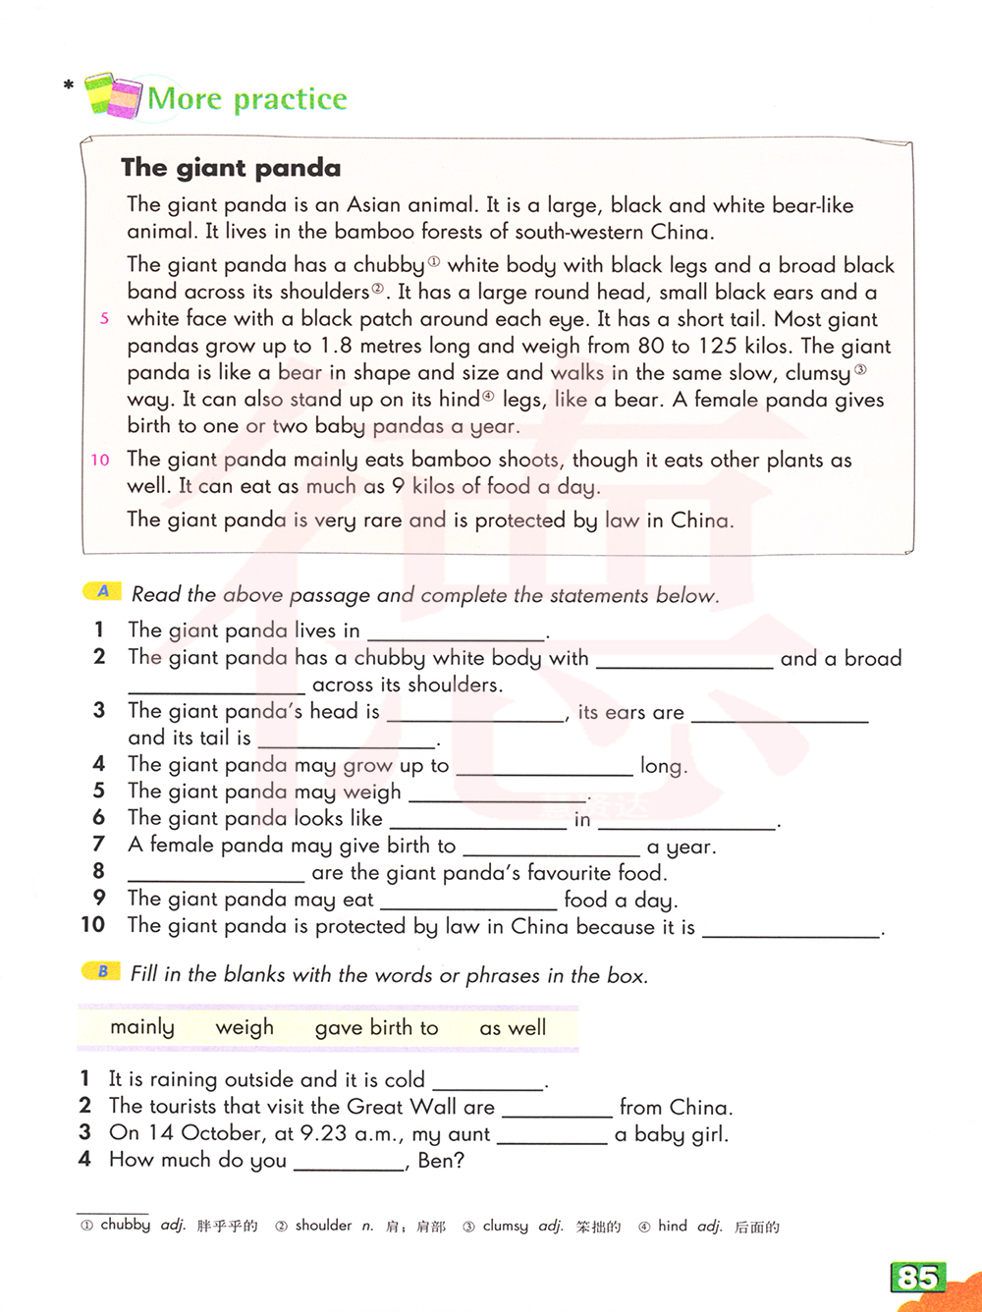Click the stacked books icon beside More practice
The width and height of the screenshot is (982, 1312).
(113, 96)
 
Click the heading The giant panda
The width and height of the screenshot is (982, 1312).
(231, 168)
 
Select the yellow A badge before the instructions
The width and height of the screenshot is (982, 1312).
(103, 591)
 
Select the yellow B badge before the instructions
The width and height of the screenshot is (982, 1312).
(102, 971)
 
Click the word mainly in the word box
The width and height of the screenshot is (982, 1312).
(142, 1027)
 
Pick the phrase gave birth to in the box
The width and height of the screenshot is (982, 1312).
(376, 1027)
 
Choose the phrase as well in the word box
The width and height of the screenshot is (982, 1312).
(513, 1027)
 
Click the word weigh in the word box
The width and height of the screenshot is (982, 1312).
(245, 1027)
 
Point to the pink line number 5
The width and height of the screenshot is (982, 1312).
(104, 319)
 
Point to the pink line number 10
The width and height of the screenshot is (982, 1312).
(100, 460)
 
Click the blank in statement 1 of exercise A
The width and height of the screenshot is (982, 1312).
(456, 633)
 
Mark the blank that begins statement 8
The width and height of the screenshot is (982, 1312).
(216, 875)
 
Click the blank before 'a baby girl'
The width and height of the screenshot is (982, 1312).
(552, 1137)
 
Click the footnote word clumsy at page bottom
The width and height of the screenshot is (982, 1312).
(506, 1226)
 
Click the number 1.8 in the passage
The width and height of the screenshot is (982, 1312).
(336, 346)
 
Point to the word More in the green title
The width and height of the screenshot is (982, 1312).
(185, 98)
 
